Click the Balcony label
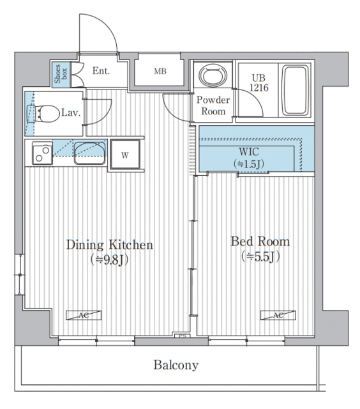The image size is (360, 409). click(176, 365)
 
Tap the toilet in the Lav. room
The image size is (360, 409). click(43, 114)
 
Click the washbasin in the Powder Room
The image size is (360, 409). click(213, 75)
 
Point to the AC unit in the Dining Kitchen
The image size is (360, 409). click(84, 315)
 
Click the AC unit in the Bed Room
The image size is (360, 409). click(278, 315)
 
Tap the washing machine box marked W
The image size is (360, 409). click(125, 155)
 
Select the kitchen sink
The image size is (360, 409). click(90, 153)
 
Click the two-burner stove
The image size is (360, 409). click(42, 153)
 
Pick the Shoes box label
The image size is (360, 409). click(61, 74)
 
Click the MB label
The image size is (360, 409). click(160, 71)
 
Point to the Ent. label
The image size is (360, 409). click(101, 71)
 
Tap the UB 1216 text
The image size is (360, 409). click(259, 83)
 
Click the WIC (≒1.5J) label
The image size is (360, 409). click(249, 158)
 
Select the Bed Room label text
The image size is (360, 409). click(260, 242)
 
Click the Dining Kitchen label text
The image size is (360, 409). click(109, 245)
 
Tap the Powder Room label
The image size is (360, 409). click(213, 105)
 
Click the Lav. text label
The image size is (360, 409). click(71, 113)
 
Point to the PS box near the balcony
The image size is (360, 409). click(183, 336)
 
